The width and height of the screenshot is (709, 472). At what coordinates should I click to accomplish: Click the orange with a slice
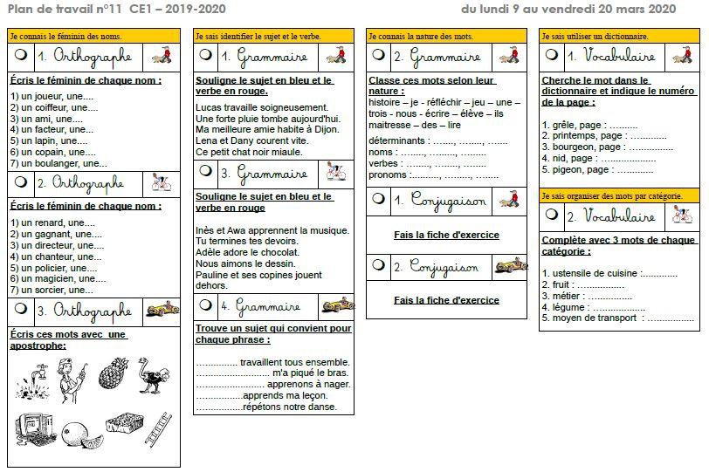(x=79, y=432)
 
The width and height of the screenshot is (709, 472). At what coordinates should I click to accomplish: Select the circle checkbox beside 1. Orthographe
(x=21, y=55)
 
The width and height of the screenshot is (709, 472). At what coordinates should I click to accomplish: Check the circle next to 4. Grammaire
(x=205, y=305)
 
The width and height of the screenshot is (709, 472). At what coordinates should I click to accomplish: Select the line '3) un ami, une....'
(x=45, y=119)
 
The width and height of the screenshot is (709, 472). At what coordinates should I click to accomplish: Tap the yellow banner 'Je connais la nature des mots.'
(x=446, y=36)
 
